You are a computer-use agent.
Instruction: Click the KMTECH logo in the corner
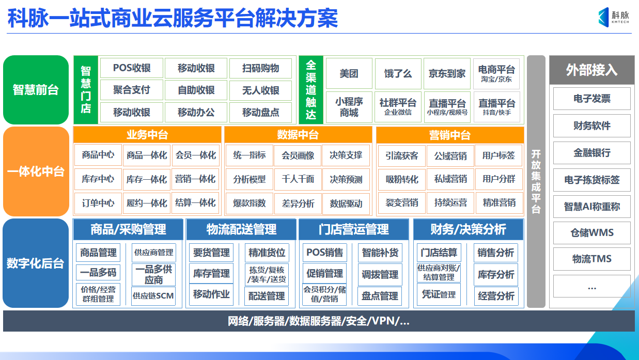point(613,17)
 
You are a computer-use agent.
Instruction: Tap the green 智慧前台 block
point(36,90)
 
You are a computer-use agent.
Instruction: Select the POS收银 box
point(132,68)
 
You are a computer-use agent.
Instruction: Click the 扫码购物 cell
point(260,68)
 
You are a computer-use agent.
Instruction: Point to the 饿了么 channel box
point(398,73)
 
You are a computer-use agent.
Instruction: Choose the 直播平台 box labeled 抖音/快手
point(496,107)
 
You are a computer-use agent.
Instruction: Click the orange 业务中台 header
point(147,135)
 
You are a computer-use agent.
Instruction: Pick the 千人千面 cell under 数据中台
point(298,179)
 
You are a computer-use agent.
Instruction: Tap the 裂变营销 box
point(402,203)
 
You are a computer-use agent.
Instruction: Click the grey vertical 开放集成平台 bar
point(536,181)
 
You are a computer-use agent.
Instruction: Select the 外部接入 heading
point(591,70)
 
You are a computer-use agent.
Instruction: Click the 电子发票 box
point(591,99)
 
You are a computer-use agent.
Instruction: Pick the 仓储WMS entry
point(591,233)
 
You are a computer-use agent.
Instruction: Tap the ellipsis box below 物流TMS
point(591,287)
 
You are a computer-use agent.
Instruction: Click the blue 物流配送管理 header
point(241,229)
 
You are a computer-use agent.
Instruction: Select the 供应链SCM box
point(153,296)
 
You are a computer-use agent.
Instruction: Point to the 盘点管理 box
point(380,296)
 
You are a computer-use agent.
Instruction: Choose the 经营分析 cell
point(496,296)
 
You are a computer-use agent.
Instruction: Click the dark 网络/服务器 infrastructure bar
point(319,321)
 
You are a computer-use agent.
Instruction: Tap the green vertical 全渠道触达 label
point(311,90)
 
